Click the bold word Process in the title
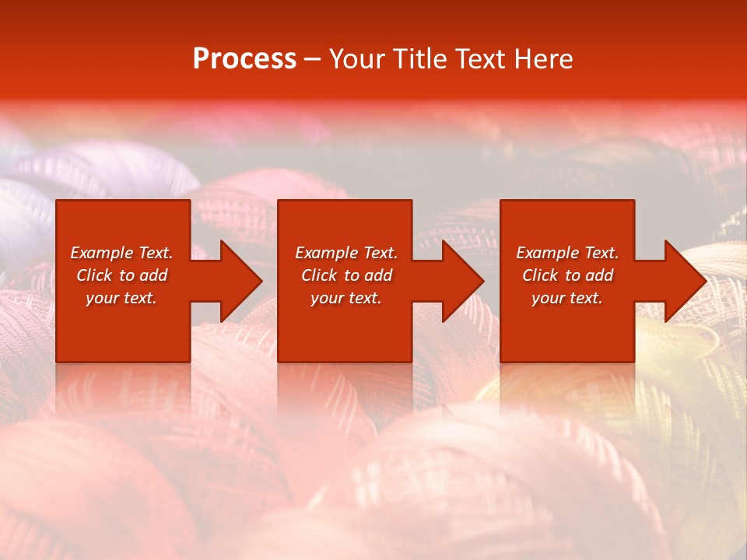pos(244,59)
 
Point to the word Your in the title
pos(357,59)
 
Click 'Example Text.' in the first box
pos(121,253)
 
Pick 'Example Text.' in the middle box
pos(346,253)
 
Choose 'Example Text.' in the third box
pos(567,253)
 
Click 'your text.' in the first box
pos(121,298)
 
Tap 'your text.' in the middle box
pos(346,298)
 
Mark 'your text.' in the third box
pos(567,298)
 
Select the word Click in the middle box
pos(319,275)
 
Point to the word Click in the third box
pos(540,275)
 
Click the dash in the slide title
pos(313,59)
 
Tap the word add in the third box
pos(599,275)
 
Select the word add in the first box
pos(153,275)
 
